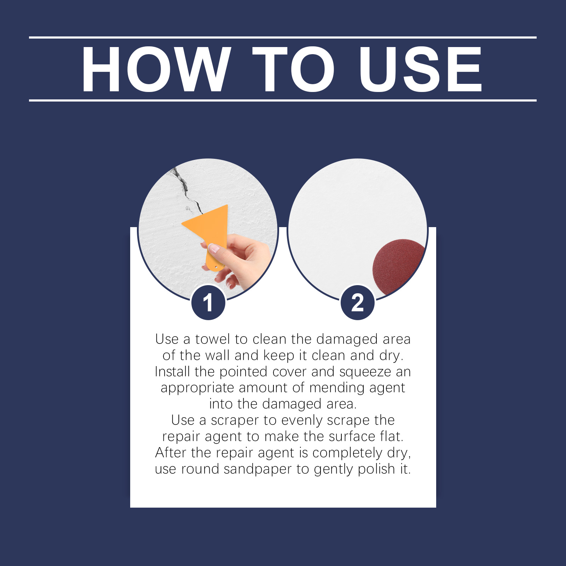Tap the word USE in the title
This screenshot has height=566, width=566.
pos(420,69)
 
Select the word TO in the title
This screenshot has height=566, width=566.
pos(293,69)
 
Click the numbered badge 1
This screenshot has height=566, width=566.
pos(208,303)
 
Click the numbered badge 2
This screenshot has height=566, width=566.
pos(358,303)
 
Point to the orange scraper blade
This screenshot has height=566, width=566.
pos(207,226)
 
